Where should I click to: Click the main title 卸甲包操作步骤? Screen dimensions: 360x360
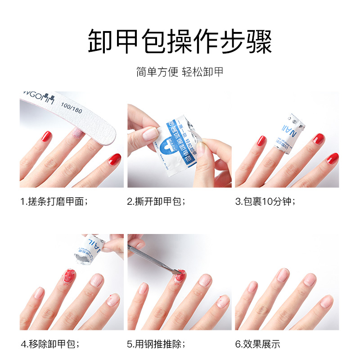pyautogui.click(x=180, y=41)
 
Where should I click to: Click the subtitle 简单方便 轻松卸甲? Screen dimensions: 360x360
pyautogui.click(x=180, y=72)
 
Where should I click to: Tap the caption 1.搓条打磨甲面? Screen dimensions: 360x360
pyautogui.click(x=54, y=201)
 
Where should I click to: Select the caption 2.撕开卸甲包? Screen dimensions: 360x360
pyautogui.click(x=156, y=201)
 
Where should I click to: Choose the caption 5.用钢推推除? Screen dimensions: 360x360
pyautogui.click(x=156, y=344)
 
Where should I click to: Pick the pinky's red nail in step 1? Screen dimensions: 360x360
pyautogui.click(x=114, y=158)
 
